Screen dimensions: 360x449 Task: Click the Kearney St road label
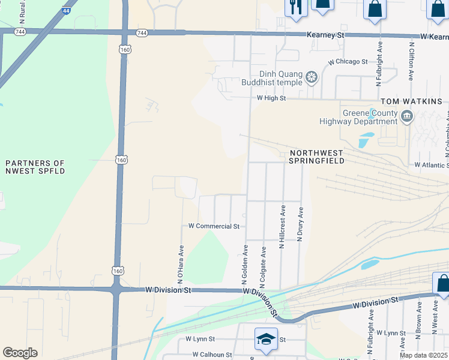(x=325, y=36)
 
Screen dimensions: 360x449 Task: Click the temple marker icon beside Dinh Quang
(x=311, y=77)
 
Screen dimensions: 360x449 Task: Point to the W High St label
(x=271, y=98)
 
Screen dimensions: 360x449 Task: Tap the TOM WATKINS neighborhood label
(x=411, y=101)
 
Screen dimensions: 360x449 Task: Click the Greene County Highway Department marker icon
(x=407, y=116)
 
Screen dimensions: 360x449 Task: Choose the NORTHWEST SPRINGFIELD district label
(x=316, y=157)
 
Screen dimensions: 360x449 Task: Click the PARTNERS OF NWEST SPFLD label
(x=34, y=167)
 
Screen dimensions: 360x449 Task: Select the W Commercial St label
(x=214, y=226)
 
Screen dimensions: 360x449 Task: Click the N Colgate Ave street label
(x=263, y=265)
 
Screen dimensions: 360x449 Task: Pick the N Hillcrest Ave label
(x=282, y=228)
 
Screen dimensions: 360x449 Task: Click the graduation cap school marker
(x=265, y=339)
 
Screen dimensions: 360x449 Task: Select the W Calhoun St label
(x=208, y=355)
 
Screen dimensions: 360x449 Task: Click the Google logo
(x=20, y=353)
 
